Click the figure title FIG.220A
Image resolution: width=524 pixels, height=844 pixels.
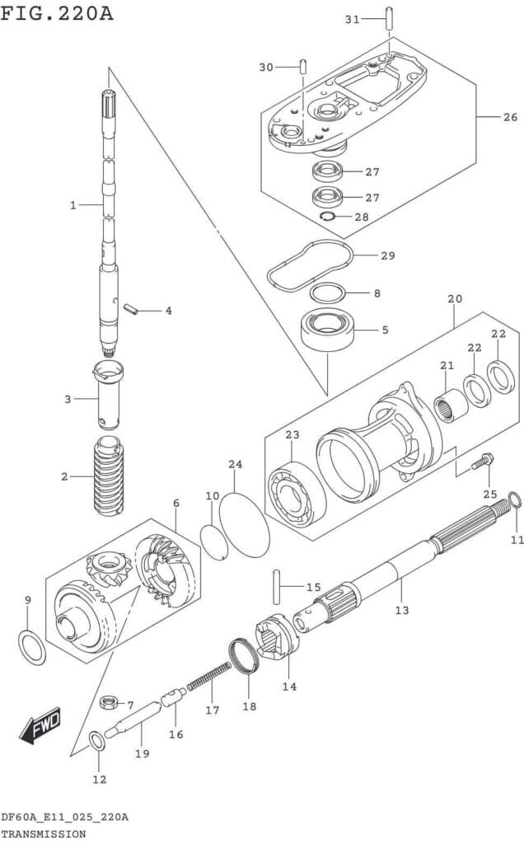[57, 14]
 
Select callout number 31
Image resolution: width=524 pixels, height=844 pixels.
[352, 19]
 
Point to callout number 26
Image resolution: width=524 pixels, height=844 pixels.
[510, 117]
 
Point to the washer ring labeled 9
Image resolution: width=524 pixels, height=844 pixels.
[31, 647]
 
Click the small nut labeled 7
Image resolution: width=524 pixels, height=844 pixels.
[106, 702]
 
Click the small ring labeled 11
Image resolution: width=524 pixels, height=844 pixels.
[515, 500]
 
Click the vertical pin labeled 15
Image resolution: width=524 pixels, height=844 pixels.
[275, 588]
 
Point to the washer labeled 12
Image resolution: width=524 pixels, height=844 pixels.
[97, 742]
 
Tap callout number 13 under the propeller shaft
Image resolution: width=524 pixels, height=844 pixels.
[402, 610]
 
